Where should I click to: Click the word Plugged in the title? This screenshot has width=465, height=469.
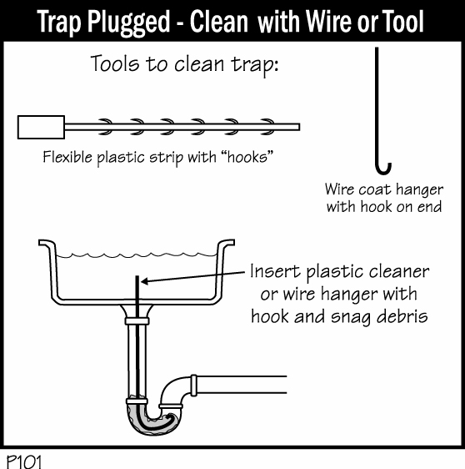(128, 22)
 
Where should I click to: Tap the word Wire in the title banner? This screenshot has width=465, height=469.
(329, 21)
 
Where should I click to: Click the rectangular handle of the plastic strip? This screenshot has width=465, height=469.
(41, 127)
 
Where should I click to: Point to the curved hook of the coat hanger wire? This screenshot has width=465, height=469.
(383, 170)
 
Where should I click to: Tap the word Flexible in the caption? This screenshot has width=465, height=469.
(67, 156)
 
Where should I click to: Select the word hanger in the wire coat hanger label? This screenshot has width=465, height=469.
(419, 189)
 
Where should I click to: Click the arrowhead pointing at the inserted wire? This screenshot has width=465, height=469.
(144, 281)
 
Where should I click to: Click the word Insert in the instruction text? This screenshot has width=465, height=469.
(275, 271)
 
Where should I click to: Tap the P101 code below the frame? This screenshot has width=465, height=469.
(24, 461)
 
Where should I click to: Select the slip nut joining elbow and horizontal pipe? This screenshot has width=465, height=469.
(194, 386)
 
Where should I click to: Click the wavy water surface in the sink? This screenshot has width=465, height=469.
(137, 255)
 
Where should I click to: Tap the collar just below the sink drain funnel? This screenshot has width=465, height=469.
(137, 321)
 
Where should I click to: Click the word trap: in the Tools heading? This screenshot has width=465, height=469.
(255, 64)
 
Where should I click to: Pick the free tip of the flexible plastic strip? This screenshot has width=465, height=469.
(299, 127)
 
